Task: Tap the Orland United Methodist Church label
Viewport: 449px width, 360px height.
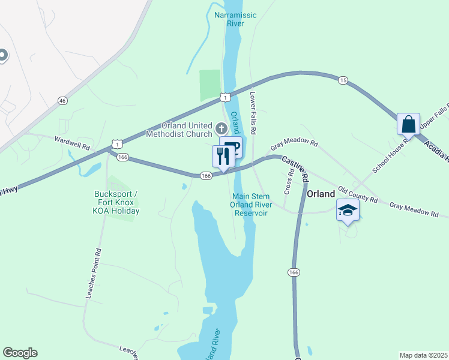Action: [x=187, y=130]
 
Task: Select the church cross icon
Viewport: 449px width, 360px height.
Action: [x=221, y=128]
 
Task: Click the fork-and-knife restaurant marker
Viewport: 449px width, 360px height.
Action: [x=222, y=157]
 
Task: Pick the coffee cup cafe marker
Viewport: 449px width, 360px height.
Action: [x=231, y=147]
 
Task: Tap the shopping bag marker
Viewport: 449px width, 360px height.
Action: [x=408, y=124]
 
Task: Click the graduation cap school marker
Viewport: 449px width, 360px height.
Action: [x=348, y=211]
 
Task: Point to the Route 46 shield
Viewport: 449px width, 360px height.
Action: [x=62, y=100]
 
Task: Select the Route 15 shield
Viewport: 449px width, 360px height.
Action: [x=343, y=80]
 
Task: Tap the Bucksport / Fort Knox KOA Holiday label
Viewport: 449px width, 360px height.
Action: [x=116, y=202]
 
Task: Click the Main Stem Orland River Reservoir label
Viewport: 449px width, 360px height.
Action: [x=252, y=205]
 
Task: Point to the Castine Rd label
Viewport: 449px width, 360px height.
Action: [x=295, y=170]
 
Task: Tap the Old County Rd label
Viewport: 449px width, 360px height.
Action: [x=358, y=194]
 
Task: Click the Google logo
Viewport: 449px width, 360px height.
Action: [x=20, y=353]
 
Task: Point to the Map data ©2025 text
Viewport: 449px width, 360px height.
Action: [x=423, y=355]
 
